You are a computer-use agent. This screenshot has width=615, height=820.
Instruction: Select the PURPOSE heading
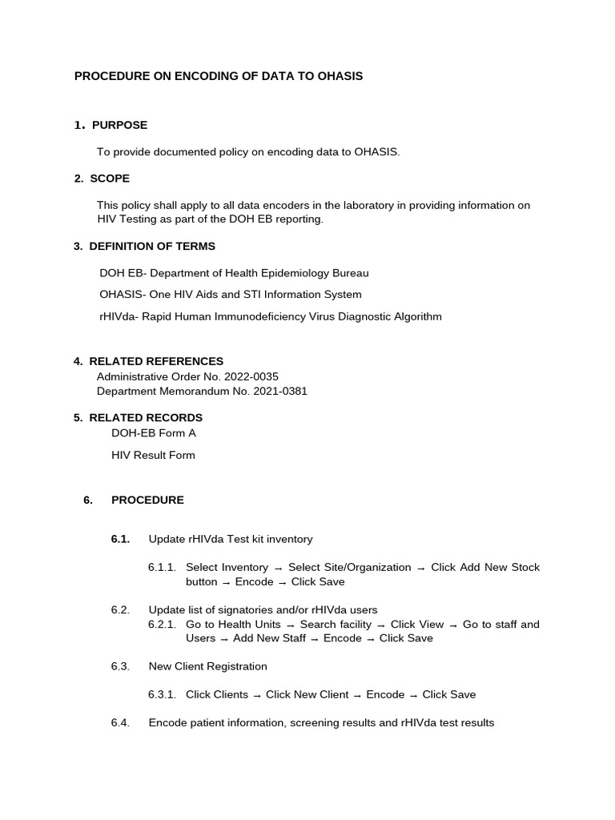pyautogui.click(x=119, y=125)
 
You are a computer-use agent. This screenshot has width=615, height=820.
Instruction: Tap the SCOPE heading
pyautogui.click(x=110, y=179)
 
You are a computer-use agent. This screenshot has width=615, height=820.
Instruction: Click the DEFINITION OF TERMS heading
pyautogui.click(x=152, y=247)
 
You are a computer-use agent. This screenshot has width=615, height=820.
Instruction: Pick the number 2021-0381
pyautogui.click(x=279, y=392)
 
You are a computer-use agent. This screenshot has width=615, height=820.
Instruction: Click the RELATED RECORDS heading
pyautogui.click(x=146, y=418)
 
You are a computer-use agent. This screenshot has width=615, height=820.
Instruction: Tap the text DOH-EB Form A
pyautogui.click(x=154, y=433)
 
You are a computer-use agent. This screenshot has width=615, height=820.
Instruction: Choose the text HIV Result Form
pyautogui.click(x=153, y=456)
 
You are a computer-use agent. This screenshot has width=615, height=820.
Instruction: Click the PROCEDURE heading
pyautogui.click(x=147, y=500)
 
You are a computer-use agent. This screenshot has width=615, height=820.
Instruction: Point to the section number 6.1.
pyautogui.click(x=120, y=539)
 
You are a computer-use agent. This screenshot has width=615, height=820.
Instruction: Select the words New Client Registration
pyautogui.click(x=208, y=666)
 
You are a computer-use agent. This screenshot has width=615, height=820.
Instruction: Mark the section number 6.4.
pyautogui.click(x=120, y=723)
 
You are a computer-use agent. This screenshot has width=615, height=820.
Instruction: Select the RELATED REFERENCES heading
pyautogui.click(x=156, y=361)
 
